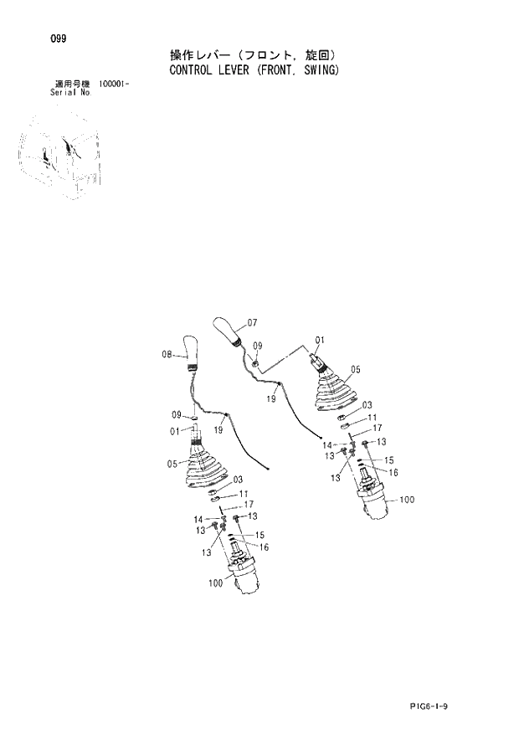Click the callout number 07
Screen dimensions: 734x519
(252, 322)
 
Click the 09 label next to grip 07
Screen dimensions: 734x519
(258, 345)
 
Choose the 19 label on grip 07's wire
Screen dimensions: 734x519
(271, 399)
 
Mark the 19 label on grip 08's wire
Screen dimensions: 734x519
(217, 429)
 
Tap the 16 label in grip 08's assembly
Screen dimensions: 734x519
(264, 547)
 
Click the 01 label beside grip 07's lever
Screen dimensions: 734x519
(319, 340)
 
